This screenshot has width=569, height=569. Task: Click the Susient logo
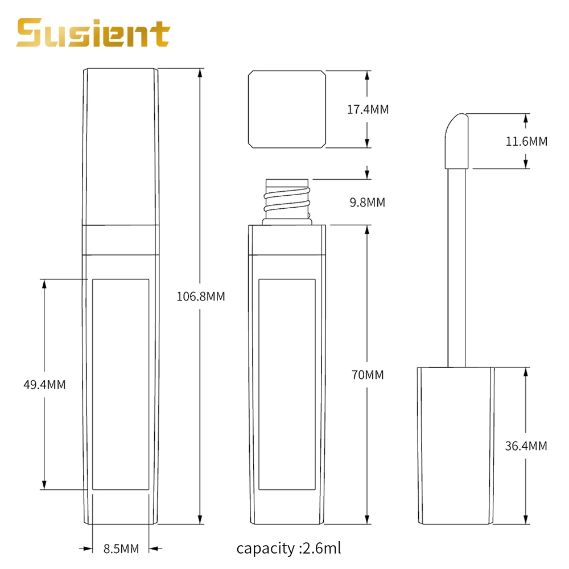tap(93, 34)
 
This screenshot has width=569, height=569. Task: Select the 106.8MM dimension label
tap(201, 296)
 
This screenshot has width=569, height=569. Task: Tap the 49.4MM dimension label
tap(44, 385)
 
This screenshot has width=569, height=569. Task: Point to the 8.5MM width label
tap(121, 549)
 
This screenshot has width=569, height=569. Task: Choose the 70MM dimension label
tap(368, 375)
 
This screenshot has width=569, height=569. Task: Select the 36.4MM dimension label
tap(526, 446)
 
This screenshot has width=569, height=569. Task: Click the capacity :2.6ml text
tap(288, 549)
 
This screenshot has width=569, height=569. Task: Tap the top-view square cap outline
tap(287, 109)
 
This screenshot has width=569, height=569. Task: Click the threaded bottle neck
tap(288, 201)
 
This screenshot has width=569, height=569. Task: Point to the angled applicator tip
tap(456, 139)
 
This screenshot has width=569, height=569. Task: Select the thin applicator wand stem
tap(456, 267)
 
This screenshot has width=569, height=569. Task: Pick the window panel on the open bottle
tap(287, 384)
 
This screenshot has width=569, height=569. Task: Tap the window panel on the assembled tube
tap(120, 384)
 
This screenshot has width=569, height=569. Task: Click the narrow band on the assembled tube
tap(120, 240)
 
